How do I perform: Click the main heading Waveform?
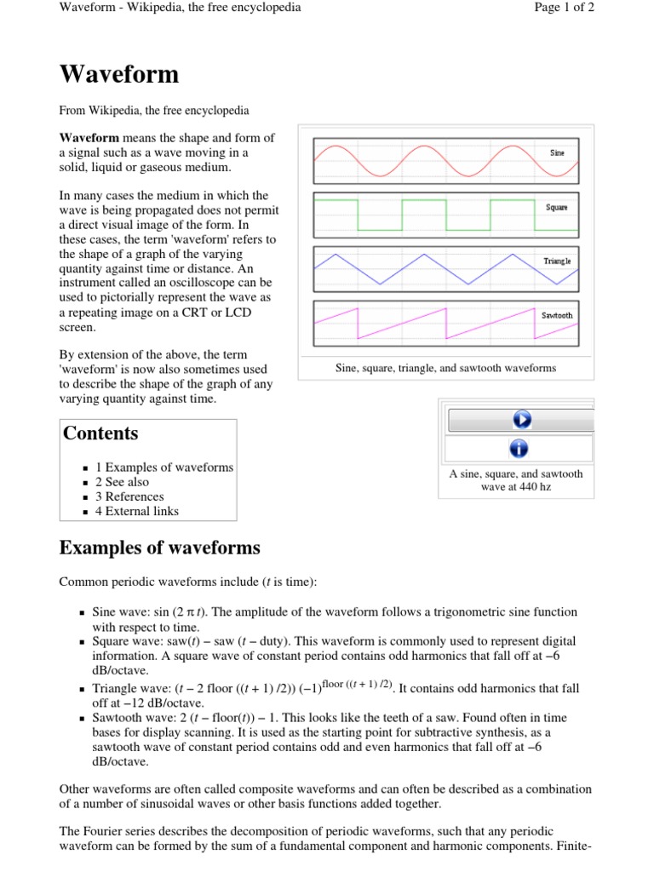click(x=119, y=75)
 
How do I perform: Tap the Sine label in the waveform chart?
click(x=558, y=152)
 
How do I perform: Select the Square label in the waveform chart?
click(x=556, y=207)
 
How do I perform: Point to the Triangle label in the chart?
click(x=557, y=261)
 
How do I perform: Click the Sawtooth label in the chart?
click(x=557, y=315)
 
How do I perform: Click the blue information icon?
click(x=519, y=448)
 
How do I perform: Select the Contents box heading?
click(x=100, y=433)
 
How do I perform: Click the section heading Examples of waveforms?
click(x=159, y=548)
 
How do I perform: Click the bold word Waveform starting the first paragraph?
click(x=89, y=138)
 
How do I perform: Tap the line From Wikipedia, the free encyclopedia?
click(x=154, y=111)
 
